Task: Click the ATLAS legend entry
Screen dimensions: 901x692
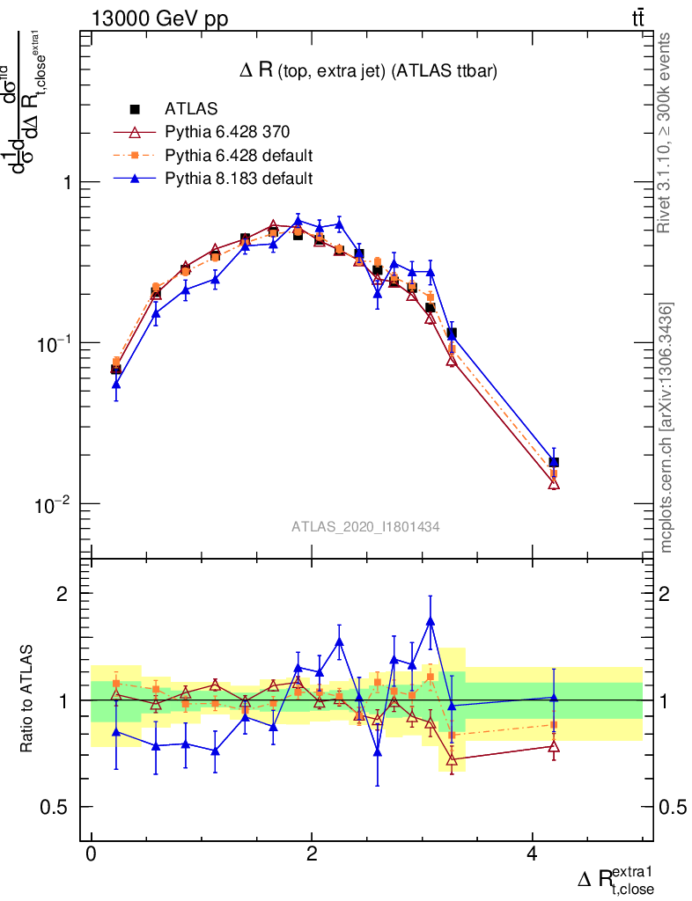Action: [188, 109]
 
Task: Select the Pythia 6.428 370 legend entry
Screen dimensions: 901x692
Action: [227, 132]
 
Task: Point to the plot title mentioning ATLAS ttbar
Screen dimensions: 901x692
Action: [369, 73]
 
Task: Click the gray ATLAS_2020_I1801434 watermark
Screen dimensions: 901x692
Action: [365, 526]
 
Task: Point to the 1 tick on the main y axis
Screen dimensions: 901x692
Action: [66, 182]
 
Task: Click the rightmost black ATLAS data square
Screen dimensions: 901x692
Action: [554, 462]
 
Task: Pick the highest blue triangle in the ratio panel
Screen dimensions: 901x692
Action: [431, 621]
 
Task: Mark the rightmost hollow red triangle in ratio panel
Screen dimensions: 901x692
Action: [554, 746]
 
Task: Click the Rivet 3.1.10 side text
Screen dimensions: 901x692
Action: [665, 133]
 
